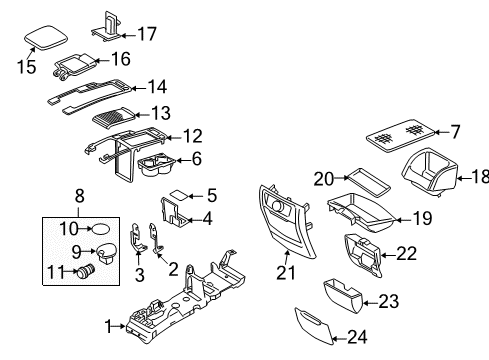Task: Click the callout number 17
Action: click(147, 34)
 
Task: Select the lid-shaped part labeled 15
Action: click(46, 37)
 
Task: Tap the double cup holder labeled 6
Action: click(156, 167)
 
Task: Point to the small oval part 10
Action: click(100, 229)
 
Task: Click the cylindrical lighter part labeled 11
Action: click(85, 270)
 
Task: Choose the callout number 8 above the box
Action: click(79, 196)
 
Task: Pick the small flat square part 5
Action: click(180, 194)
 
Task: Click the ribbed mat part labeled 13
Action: click(113, 118)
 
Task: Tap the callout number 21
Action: click(286, 273)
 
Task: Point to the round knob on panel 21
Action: click(278, 205)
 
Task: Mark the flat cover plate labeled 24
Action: click(314, 326)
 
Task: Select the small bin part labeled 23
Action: click(343, 296)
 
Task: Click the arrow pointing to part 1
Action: click(119, 327)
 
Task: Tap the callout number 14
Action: click(157, 87)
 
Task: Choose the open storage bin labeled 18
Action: click(430, 172)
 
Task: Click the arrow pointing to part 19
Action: click(404, 220)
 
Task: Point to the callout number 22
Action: click(406, 254)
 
